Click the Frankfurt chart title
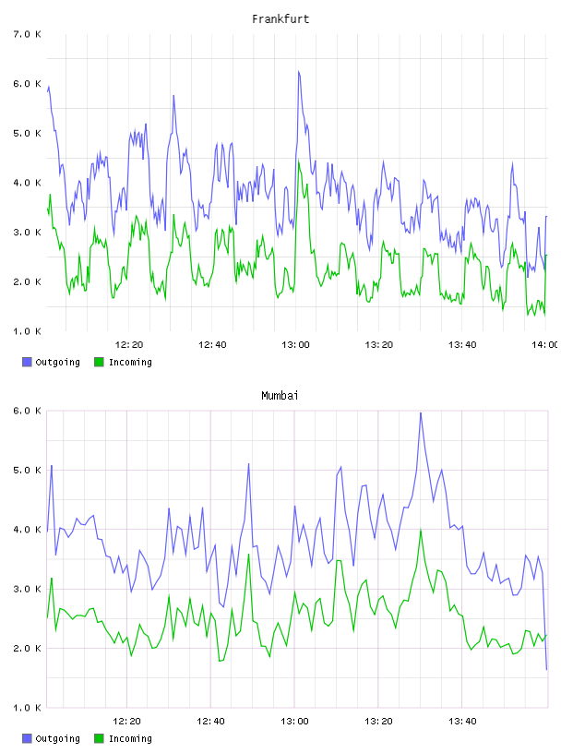coord(280,19)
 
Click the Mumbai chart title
coord(280,396)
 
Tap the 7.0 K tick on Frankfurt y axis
coord(27,34)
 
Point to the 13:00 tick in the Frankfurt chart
coord(295,344)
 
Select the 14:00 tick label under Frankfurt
coord(545,344)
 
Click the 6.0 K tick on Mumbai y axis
coord(27,411)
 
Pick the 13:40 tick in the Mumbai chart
coord(462,721)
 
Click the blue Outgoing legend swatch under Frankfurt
coord(27,362)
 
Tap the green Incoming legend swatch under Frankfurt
coord(99,362)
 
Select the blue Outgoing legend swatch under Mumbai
coord(27,738)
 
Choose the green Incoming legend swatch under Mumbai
coord(99,738)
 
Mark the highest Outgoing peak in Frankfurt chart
coord(298,71)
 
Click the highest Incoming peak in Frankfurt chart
coord(298,161)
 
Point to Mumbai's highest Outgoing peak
coord(421,412)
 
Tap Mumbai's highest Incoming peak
coord(421,530)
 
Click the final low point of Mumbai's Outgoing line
coord(546,669)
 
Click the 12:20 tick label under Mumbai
coord(126,721)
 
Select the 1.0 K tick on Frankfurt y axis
coord(27,331)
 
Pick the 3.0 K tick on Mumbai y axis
coord(27,589)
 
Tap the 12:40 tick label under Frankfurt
coord(212,344)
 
